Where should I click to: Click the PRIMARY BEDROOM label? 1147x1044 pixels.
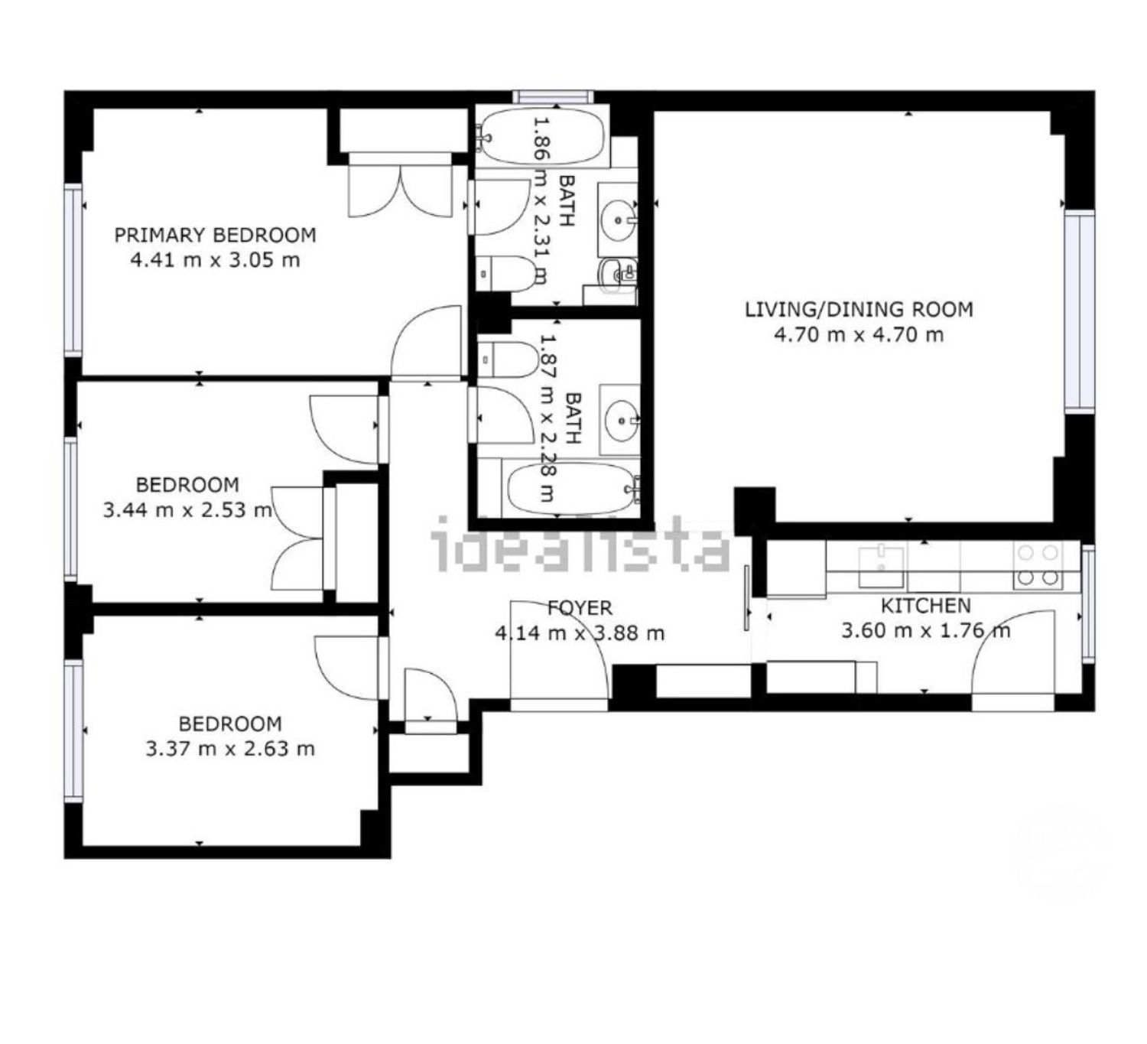point(215,235)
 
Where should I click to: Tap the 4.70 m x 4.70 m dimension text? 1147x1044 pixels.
point(858,334)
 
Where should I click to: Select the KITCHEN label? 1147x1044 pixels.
point(925,605)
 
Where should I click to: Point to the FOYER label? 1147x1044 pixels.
point(579,607)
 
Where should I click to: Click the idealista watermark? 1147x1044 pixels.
point(580,544)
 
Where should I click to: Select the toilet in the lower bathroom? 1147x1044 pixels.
point(508,359)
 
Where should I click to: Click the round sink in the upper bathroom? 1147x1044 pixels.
point(619,219)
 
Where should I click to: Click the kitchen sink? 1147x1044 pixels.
point(881,565)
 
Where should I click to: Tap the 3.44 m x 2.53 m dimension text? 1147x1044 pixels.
point(187,509)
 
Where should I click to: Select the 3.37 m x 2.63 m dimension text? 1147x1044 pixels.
point(230,748)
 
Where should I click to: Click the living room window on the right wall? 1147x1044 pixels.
point(1080,311)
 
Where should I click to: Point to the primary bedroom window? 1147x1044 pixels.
point(73,270)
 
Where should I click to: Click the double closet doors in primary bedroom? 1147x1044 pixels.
point(400,185)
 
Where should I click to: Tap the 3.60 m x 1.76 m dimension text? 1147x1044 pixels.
point(926,630)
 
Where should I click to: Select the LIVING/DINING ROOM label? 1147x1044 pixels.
point(858,310)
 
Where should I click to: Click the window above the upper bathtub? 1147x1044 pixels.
point(553,96)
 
